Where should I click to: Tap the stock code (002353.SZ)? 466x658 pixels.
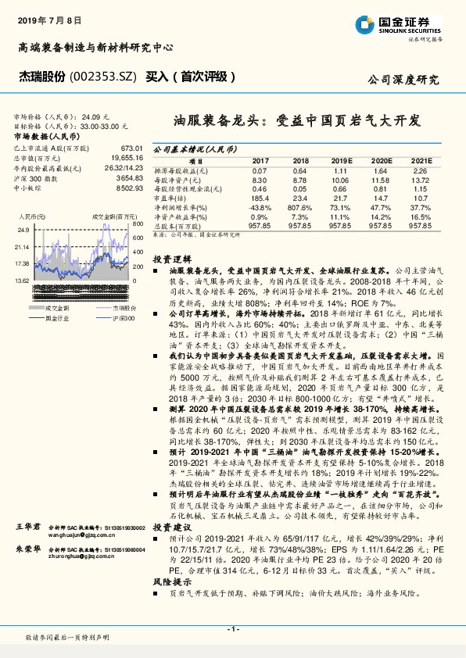tap(104, 77)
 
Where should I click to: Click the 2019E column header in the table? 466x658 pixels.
tap(338, 159)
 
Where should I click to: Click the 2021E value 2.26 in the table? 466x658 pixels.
tap(420, 170)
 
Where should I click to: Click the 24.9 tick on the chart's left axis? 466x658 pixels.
tap(23, 230)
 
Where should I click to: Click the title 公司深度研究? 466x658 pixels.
tap(403, 80)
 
